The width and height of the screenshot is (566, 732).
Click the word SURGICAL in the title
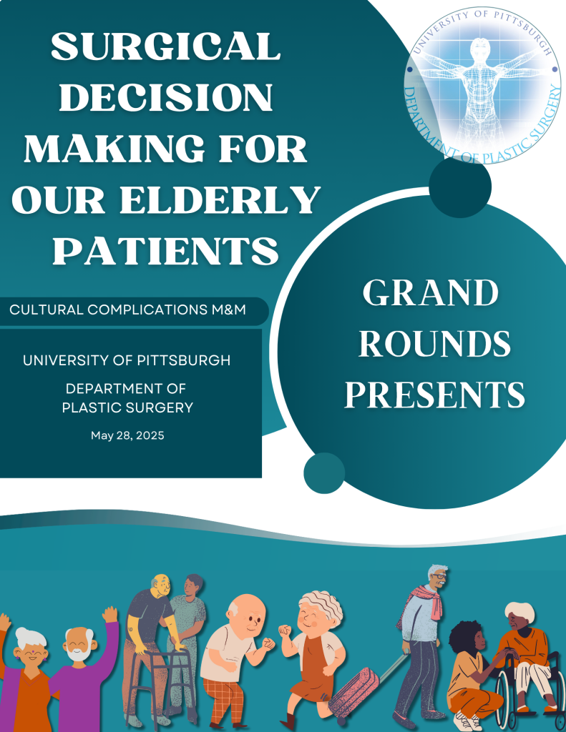165,46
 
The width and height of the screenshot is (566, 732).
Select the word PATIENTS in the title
165,251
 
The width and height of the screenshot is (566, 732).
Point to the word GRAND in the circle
431,293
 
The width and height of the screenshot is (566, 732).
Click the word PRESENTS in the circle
434,395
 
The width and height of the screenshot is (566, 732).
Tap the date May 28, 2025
127,435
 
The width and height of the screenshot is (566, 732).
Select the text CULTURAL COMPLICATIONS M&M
127,310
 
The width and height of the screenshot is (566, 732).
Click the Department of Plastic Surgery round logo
482,86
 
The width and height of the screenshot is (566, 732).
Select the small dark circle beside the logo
460,187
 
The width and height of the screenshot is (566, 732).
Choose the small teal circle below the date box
324,473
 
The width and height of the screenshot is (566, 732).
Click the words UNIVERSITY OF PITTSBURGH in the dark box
127,360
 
